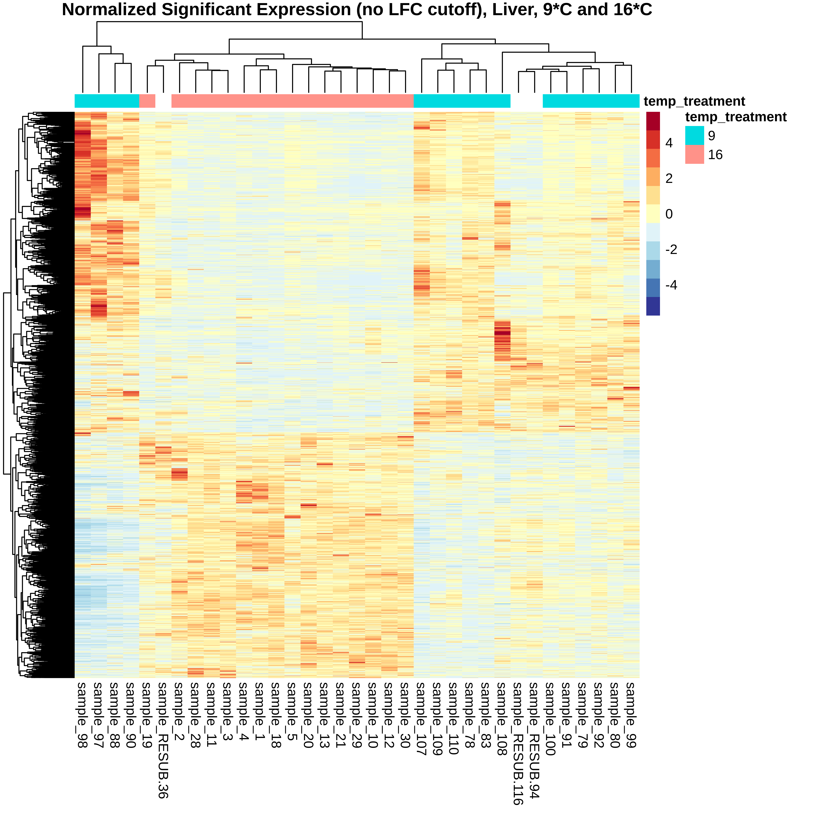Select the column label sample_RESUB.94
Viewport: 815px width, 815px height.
[x=534, y=740]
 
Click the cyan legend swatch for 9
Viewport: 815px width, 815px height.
[x=694, y=135]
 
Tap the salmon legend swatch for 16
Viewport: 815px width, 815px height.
[x=694, y=154]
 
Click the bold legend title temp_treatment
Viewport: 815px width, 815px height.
[x=736, y=117]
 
